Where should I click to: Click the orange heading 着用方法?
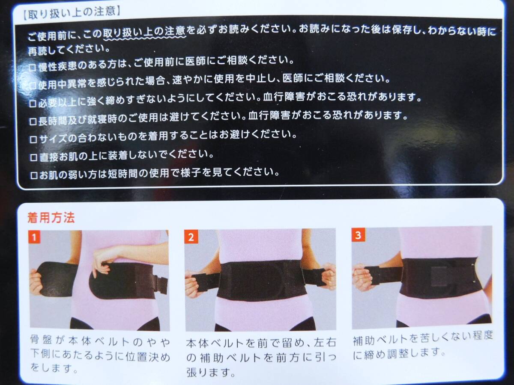(x=51, y=218)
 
